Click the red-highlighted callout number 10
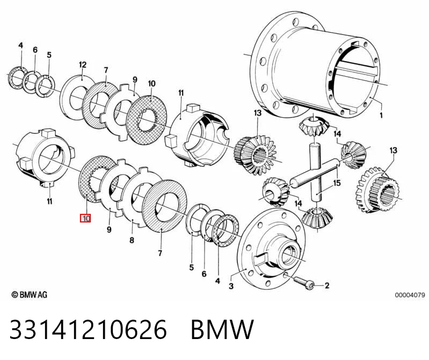click(85, 219)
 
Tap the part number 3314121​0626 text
click(88, 329)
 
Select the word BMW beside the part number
click(222, 329)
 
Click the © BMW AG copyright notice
click(30, 294)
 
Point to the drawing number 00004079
click(410, 295)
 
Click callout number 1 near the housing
click(381, 116)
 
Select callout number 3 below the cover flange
click(231, 286)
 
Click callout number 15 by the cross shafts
click(337, 183)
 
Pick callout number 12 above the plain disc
click(82, 65)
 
